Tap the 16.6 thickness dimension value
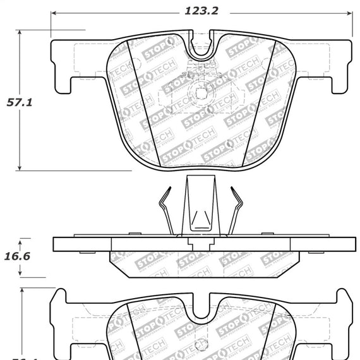point(19,257)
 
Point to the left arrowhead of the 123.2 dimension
point(54,12)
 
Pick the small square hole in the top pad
point(201,93)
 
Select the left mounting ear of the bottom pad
point(61,316)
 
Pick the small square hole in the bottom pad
point(201,345)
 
